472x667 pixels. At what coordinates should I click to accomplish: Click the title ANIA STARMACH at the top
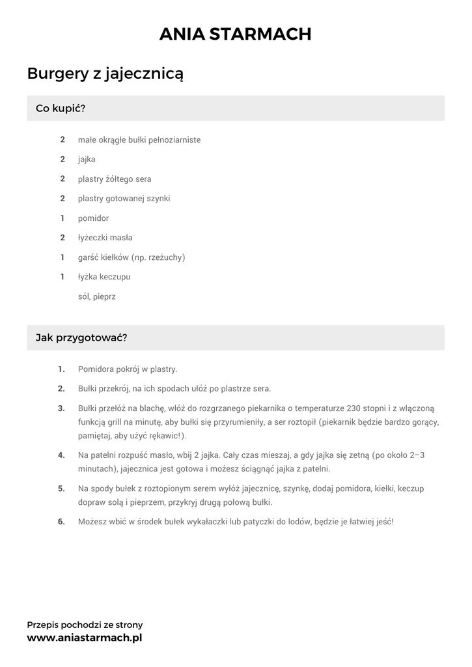point(236,34)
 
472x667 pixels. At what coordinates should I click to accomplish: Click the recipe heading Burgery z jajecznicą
point(105,74)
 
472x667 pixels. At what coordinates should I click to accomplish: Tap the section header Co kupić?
point(61,108)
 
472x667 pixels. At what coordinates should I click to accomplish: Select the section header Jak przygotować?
point(81,337)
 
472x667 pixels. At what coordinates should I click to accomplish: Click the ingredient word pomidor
point(93,218)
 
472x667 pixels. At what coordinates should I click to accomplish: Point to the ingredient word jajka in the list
point(87,159)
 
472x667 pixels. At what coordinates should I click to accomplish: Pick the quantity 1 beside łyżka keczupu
point(62,277)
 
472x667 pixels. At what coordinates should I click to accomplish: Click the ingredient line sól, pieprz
point(96,296)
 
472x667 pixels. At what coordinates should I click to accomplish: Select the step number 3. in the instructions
point(61,408)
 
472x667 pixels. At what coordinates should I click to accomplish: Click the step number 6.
point(61,521)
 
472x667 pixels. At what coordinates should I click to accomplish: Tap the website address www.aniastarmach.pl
point(84,638)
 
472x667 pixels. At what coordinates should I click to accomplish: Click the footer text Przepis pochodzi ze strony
point(85,625)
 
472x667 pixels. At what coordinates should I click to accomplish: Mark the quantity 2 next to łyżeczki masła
point(62,238)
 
